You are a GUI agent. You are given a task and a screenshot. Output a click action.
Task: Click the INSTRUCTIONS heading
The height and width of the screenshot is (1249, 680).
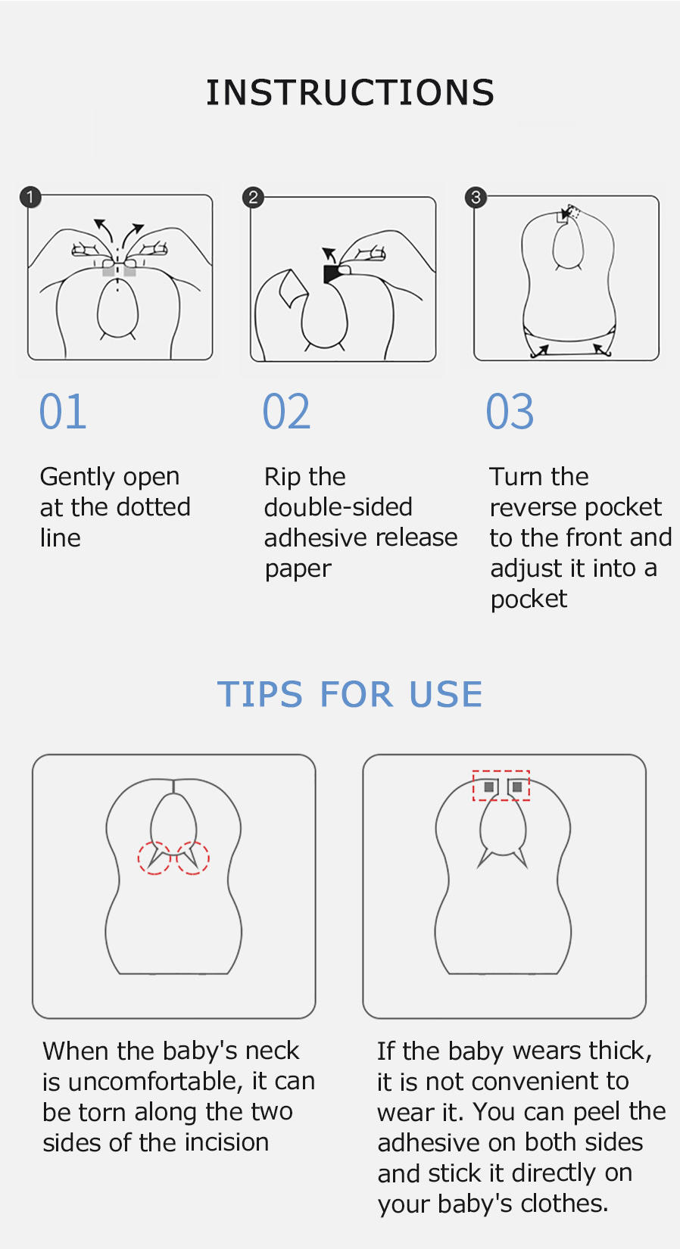click(x=351, y=92)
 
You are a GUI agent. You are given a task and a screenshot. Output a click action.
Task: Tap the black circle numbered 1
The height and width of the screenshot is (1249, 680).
click(x=30, y=197)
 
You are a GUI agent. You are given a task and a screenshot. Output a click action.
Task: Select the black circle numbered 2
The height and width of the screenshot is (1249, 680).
click(x=253, y=197)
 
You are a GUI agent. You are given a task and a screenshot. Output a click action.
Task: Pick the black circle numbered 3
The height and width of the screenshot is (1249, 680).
click(x=476, y=197)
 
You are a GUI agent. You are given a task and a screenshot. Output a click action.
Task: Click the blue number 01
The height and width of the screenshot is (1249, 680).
click(x=63, y=412)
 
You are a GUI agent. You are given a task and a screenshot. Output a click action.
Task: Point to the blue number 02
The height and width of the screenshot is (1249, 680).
click(x=286, y=412)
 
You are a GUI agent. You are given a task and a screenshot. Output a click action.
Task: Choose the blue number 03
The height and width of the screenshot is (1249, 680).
click(x=510, y=412)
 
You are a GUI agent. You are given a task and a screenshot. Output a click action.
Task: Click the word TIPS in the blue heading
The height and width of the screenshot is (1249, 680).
click(x=260, y=694)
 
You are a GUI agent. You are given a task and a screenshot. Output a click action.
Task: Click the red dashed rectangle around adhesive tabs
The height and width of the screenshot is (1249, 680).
click(x=501, y=771)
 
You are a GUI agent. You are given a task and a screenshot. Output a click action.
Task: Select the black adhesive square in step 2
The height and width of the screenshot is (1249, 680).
click(x=332, y=274)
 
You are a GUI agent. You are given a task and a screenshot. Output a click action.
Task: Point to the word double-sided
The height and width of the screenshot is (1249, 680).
click(x=338, y=507)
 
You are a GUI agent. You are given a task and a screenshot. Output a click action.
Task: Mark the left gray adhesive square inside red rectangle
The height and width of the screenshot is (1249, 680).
click(x=489, y=786)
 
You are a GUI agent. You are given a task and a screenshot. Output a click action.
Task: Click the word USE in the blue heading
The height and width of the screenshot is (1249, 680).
click(x=446, y=694)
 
